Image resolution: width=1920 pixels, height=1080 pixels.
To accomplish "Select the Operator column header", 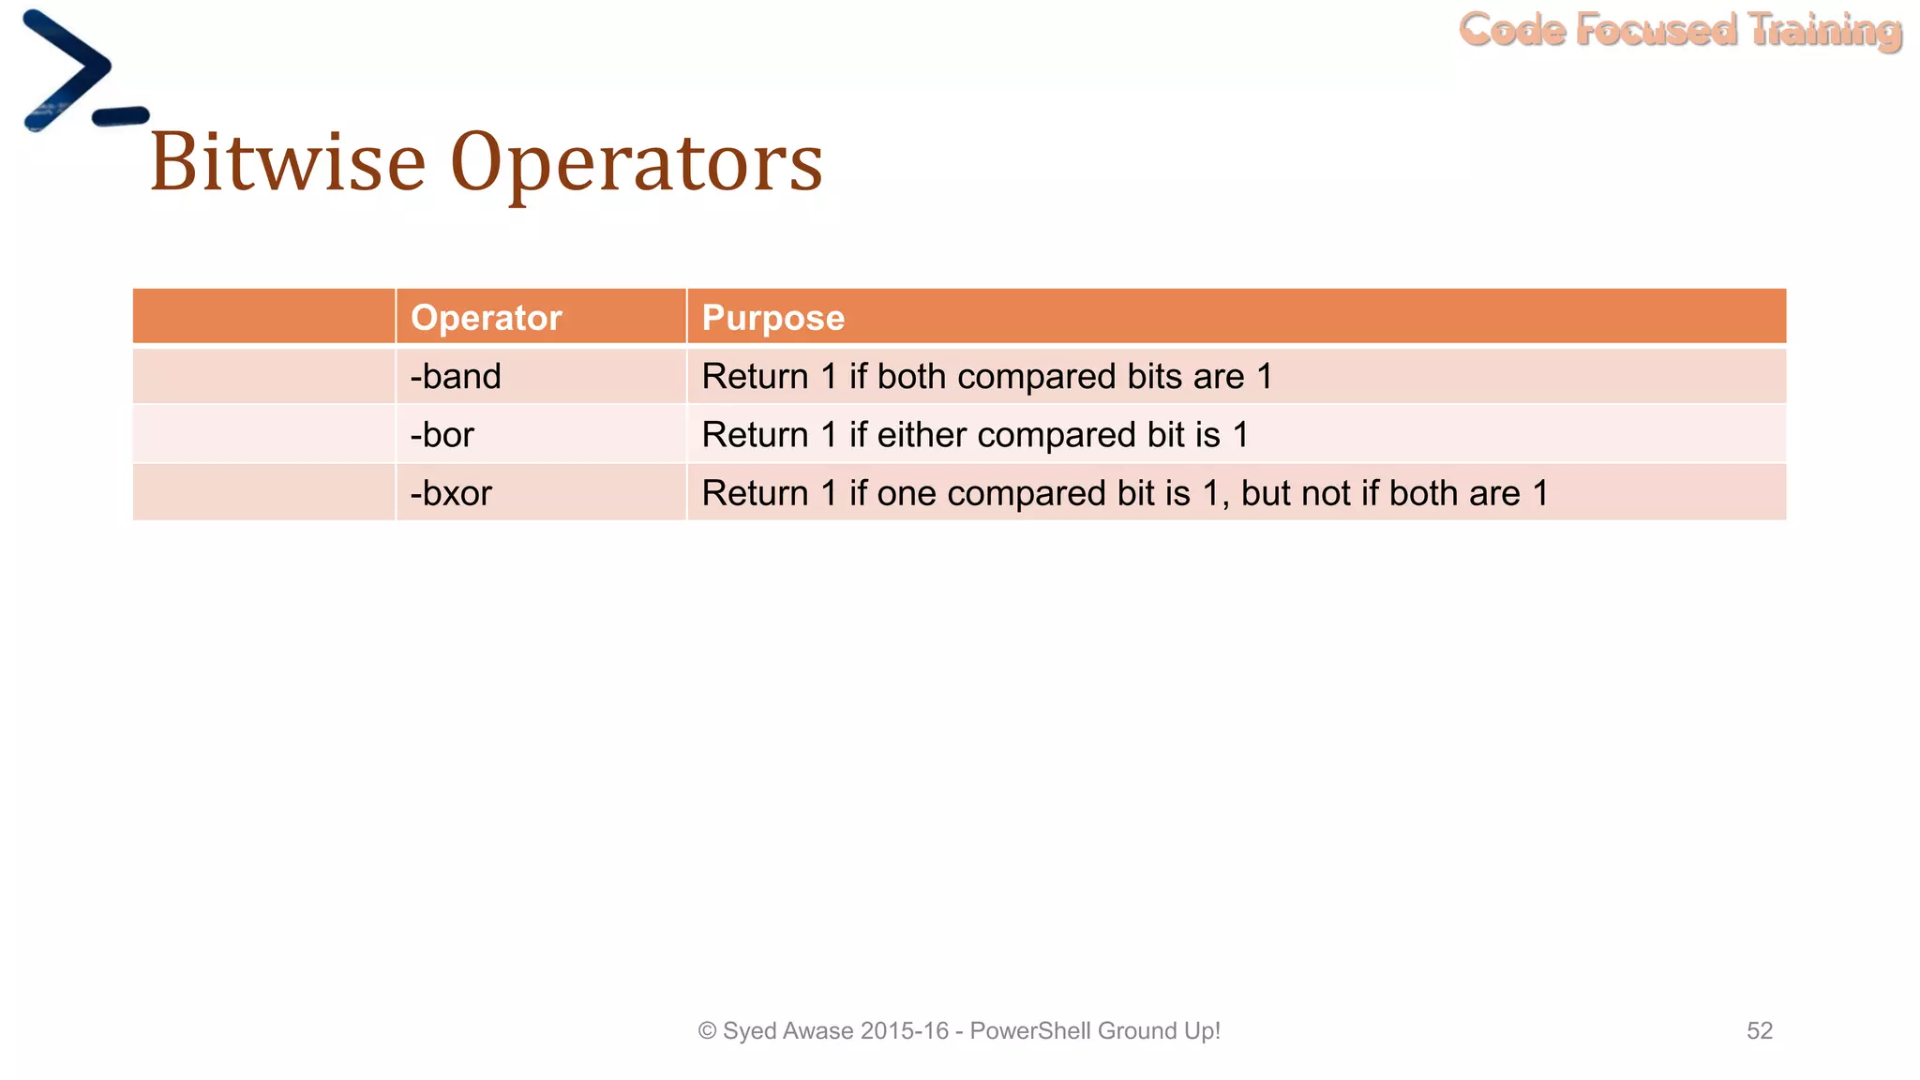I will pos(486,318).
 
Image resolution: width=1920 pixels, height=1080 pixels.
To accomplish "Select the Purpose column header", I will pos(772,318).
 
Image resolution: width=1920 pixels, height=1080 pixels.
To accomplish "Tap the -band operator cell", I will pos(456,377).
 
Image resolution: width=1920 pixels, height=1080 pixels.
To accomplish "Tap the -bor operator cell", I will pos(442,435).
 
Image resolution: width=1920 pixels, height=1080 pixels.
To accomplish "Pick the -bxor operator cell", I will pos(451,494).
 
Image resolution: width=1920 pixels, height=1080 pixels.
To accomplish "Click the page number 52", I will pos(1759,1031).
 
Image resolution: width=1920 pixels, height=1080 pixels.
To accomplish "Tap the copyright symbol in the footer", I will pos(708,1031).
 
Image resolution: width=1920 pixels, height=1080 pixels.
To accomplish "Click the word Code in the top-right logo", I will pos(1511,30).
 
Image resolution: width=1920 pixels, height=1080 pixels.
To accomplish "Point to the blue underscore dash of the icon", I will pos(120,116).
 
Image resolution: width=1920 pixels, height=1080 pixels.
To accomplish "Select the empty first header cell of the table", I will pos(263,317).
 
